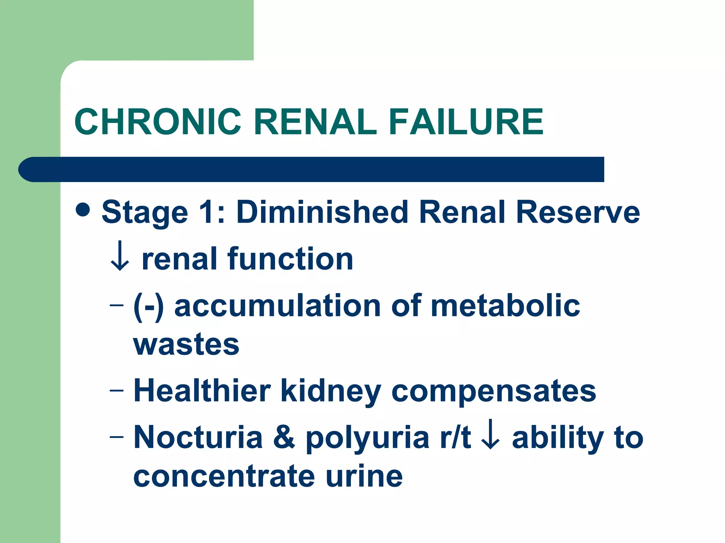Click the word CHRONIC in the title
click(x=158, y=122)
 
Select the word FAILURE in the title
click(x=466, y=122)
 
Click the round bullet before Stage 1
click(x=83, y=210)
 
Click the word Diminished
click(x=322, y=212)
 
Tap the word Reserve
click(x=578, y=212)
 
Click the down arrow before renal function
click(x=120, y=256)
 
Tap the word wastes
click(x=187, y=345)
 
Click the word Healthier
click(x=202, y=391)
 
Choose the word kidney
click(x=331, y=392)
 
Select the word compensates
click(x=494, y=392)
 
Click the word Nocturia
click(x=198, y=438)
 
